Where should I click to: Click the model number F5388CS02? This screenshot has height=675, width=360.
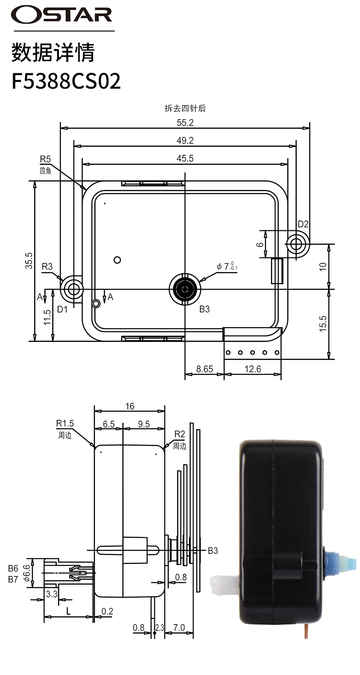pos(66,82)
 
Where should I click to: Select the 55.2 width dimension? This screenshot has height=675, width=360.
pos(184,122)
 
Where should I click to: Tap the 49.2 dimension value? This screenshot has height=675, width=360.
pos(184,140)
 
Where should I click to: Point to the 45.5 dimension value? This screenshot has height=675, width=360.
pos(184,158)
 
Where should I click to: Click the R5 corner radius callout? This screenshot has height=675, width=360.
pos(45,159)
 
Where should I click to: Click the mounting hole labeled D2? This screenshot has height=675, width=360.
pos(296,244)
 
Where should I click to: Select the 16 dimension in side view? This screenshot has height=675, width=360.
pos(130,406)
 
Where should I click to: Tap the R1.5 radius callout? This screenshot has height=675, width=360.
pos(65,423)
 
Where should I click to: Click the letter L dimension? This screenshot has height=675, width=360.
pos(68,611)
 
